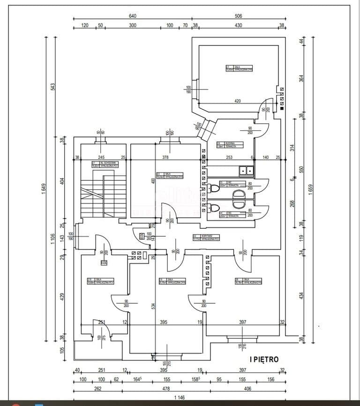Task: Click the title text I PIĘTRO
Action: coord(264,360)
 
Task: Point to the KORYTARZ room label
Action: coord(206,238)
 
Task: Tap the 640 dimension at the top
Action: coord(133,16)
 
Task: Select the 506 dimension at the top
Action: coord(238,16)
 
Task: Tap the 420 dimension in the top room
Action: coord(238,101)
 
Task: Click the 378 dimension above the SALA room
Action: coord(165,158)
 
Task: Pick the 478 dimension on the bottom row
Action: coord(166,388)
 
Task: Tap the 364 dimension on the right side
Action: coord(301,79)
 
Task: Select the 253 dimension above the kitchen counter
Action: coord(229,158)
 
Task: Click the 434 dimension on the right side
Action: coord(301,296)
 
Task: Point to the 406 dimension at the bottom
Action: coord(248,388)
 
